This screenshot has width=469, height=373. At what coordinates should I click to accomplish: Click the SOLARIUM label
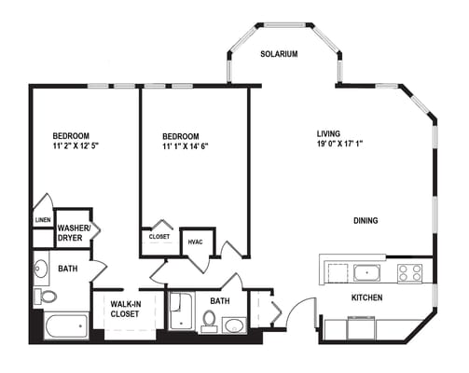pos(279,54)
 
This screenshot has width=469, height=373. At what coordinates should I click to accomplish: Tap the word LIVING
pos(330,133)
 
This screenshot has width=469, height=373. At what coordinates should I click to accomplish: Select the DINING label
pos(366,221)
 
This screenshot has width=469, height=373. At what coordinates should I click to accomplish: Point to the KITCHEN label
pos(368,298)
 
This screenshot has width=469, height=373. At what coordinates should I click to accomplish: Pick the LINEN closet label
pos(42,220)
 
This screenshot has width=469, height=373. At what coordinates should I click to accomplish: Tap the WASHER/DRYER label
pos(74,232)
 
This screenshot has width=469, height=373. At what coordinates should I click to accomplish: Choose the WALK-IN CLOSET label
pos(125,309)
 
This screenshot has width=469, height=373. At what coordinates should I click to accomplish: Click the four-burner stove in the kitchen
pos(410,273)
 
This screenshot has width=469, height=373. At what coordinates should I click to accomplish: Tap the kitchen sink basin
pos(366,273)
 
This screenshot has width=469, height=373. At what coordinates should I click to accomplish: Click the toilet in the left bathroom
pos(46,297)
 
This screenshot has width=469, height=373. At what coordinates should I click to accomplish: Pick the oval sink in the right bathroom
pos(234,325)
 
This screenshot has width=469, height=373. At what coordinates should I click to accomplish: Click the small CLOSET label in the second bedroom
pos(159,237)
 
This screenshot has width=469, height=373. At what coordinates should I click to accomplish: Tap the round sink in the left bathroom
pos(41,270)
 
